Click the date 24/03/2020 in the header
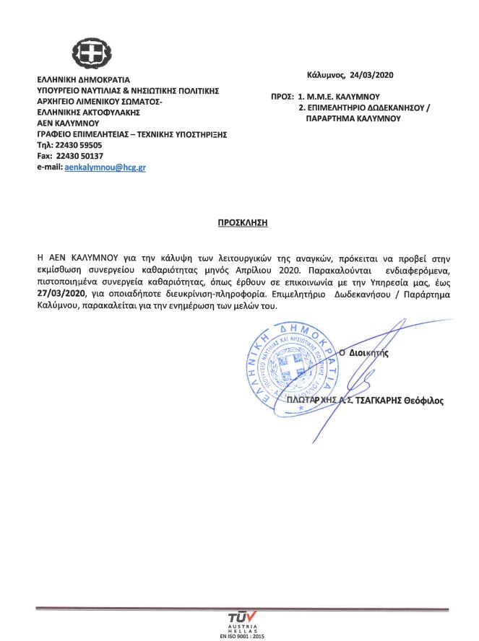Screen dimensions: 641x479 pos(372,74)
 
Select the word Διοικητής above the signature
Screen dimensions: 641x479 pos(368,354)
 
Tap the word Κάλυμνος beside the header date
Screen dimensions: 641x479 pos(325,74)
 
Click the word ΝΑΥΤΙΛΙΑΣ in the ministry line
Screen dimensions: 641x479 pos(98,91)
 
